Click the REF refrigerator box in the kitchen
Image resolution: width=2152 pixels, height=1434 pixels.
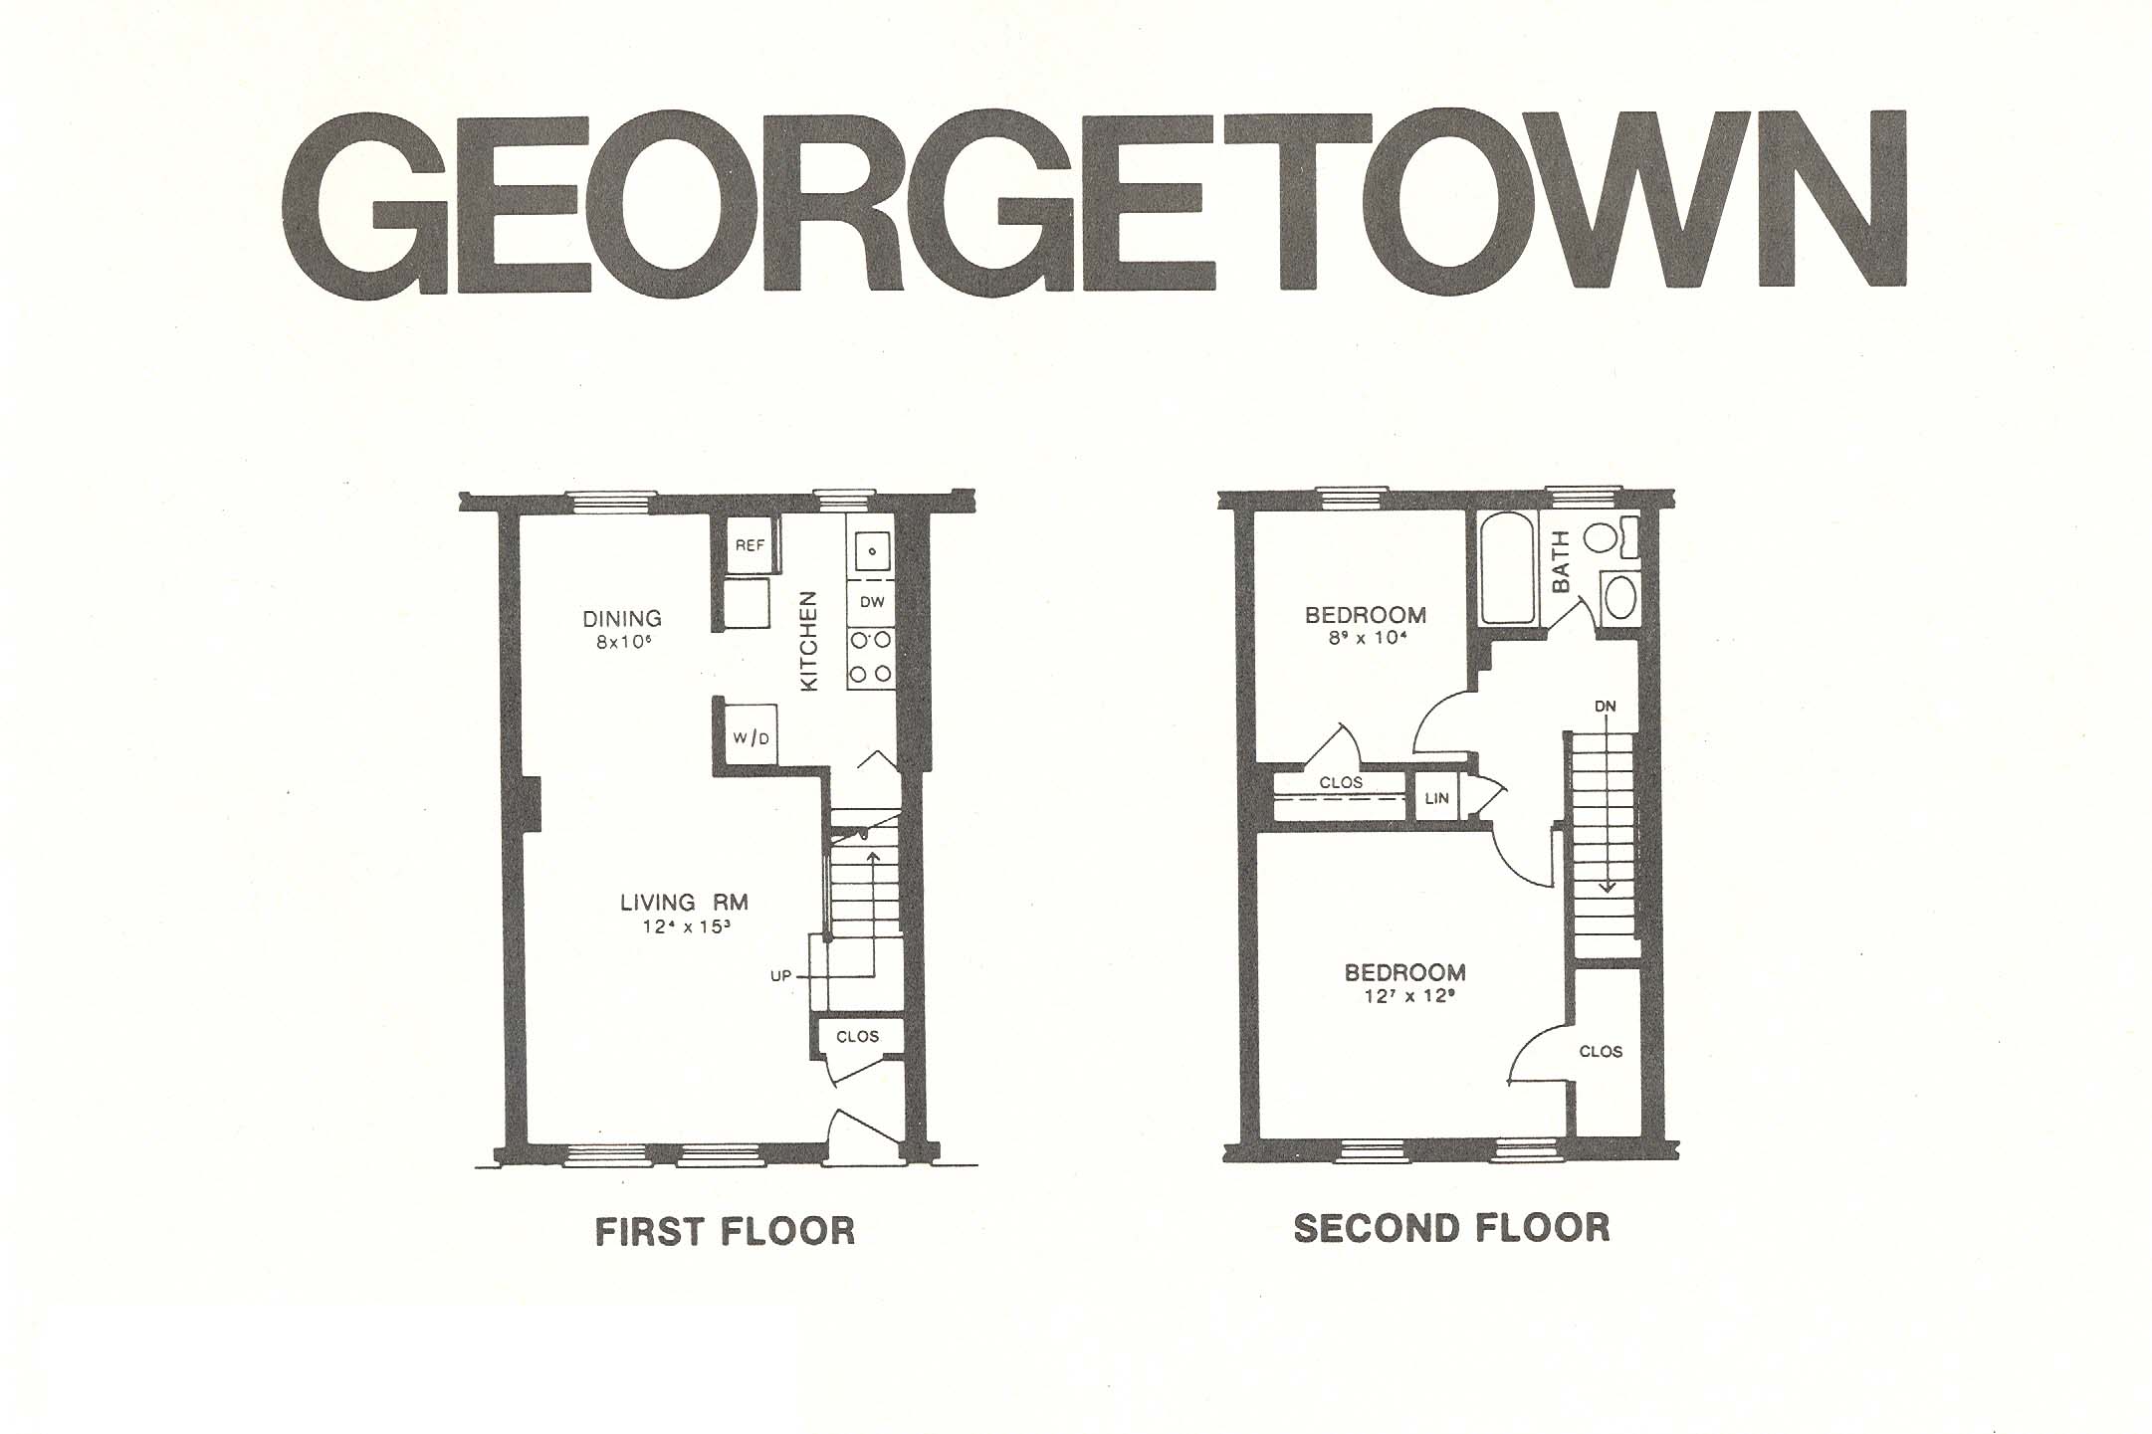750,545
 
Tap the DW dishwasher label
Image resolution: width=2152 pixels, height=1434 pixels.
872,602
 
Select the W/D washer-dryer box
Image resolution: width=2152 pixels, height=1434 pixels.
751,737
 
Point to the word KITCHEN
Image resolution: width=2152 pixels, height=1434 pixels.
809,641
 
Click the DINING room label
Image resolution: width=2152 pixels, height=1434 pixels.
622,619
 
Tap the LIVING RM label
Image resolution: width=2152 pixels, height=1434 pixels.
684,903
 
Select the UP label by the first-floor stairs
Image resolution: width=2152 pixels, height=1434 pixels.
780,976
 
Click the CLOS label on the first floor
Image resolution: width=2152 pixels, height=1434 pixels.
857,1036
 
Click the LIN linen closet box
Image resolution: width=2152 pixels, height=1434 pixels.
1436,798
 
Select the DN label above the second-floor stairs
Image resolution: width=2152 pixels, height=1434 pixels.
1605,707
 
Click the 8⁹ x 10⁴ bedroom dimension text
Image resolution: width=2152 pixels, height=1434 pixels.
1365,638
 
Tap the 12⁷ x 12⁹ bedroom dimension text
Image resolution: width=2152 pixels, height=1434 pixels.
1405,995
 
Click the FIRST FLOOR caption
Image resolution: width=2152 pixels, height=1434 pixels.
725,1232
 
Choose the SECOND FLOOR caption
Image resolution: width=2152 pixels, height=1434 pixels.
1451,1228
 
